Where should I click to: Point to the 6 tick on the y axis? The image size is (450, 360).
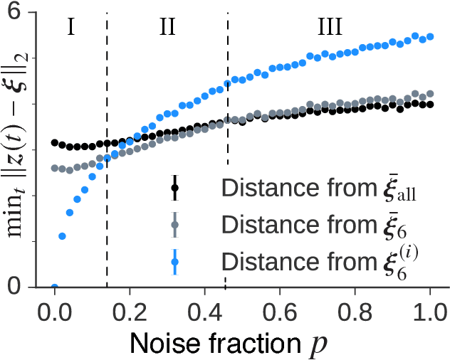pos(28,13)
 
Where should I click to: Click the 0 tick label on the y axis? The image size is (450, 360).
pos(28,287)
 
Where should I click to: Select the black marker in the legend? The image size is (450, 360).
pos(174,189)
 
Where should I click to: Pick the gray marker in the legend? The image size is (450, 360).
pos(174,225)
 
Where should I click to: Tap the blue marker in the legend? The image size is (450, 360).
pos(174,261)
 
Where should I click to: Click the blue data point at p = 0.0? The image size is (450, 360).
pos(54,287)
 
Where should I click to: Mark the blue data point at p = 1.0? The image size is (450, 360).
pos(430,36)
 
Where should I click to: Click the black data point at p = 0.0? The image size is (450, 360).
pos(54,143)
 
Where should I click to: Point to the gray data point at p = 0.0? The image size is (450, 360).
pos(54,169)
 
